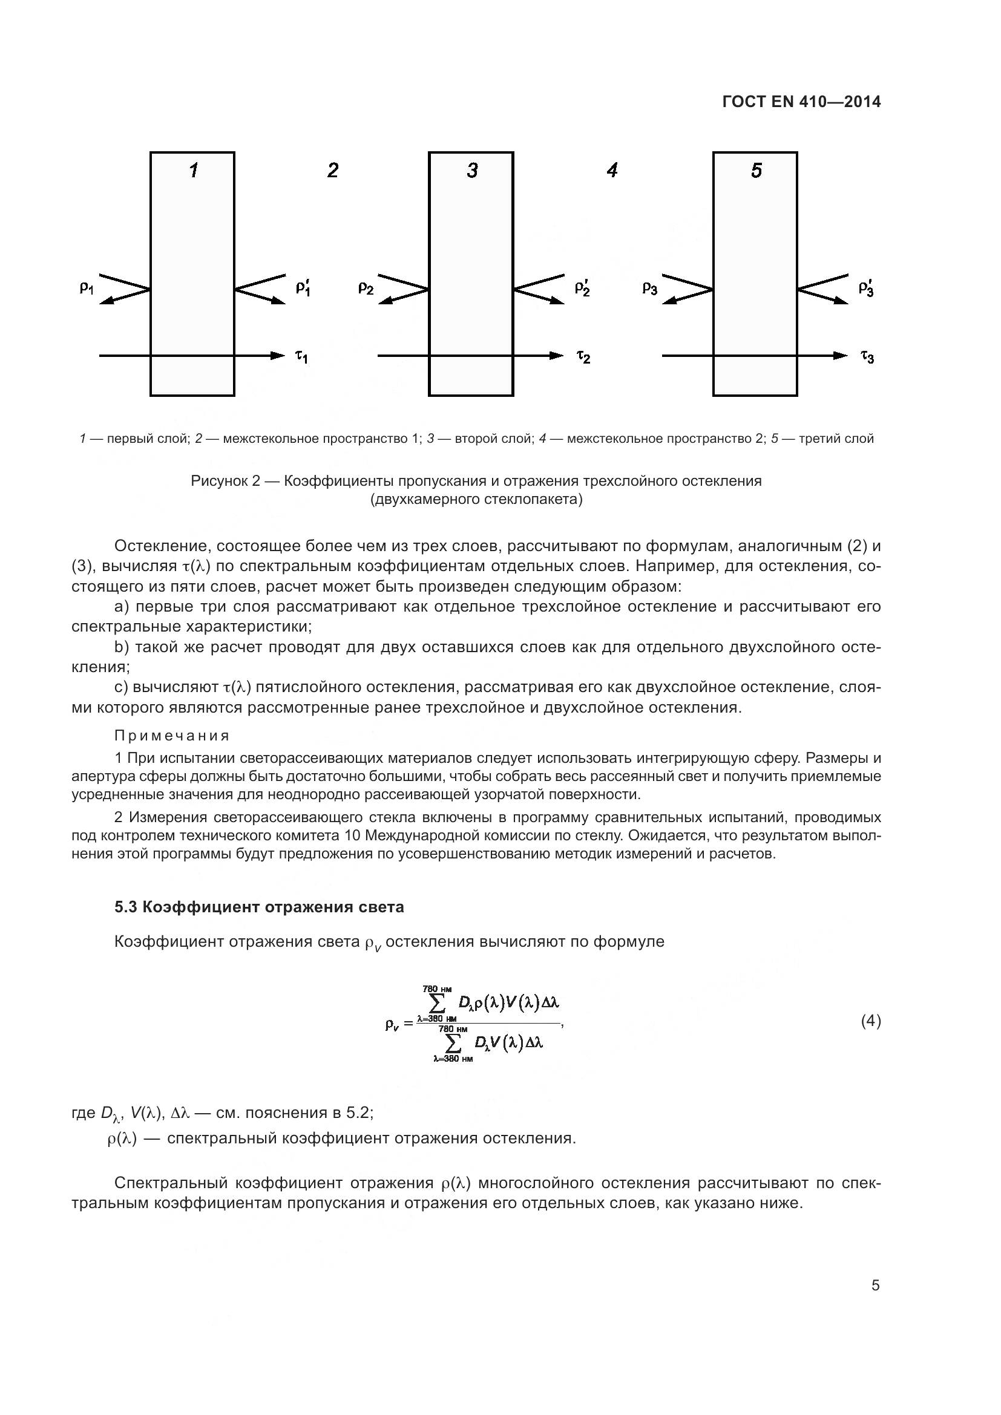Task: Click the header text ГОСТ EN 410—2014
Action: coord(801,102)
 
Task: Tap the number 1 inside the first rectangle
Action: coord(194,170)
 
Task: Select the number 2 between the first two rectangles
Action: coord(333,170)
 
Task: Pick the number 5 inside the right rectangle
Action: coord(756,170)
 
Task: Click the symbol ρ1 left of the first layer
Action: coord(87,288)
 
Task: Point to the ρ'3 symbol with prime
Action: coord(866,287)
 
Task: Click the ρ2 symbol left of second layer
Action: coord(366,288)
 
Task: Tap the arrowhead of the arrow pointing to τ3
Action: coord(841,356)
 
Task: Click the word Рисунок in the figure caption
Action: coord(219,481)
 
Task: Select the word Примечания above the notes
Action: coord(172,736)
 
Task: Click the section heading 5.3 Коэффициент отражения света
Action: coord(260,907)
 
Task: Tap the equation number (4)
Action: coord(870,1021)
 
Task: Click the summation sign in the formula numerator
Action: coord(437,1003)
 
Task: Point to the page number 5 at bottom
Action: coord(875,1286)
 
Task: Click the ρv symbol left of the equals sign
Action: coord(392,1025)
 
